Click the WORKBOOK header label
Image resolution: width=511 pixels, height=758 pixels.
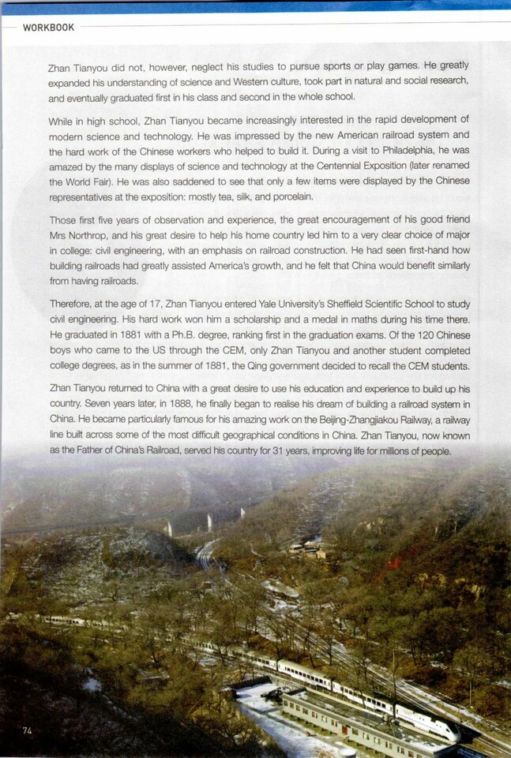(x=48, y=28)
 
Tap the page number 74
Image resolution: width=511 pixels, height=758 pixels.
(x=27, y=730)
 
